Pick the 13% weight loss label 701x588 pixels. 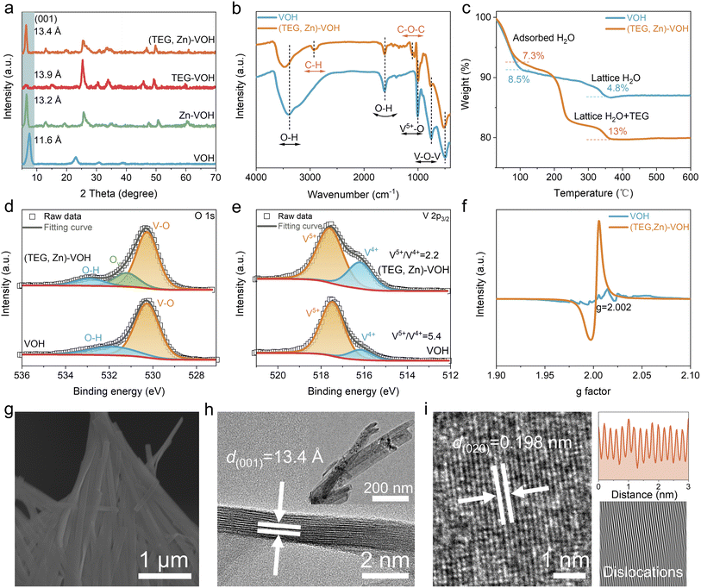[593, 131]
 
